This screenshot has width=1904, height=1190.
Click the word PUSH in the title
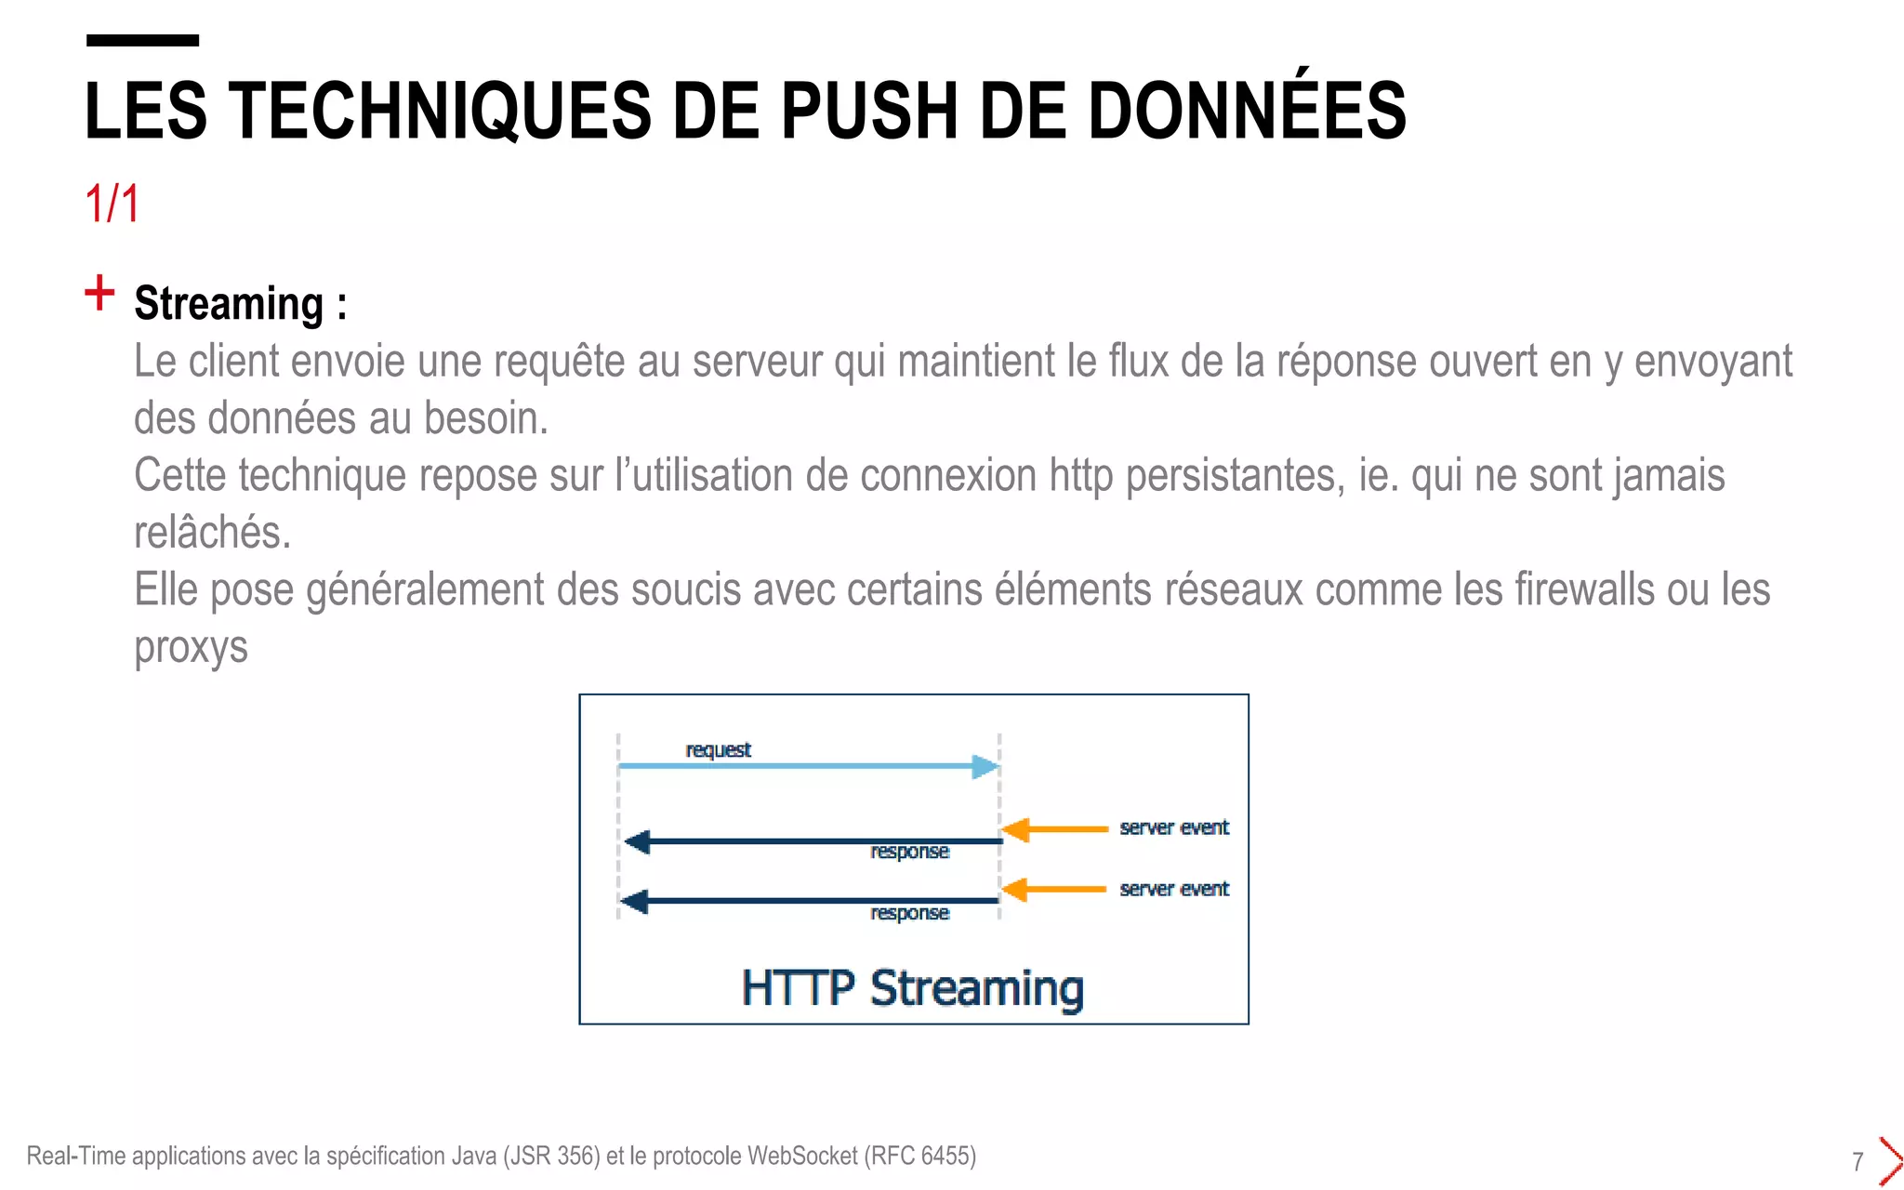[867, 112]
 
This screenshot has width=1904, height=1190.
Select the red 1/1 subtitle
[112, 204]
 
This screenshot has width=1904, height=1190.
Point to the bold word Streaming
[229, 304]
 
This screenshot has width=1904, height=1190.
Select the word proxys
[191, 647]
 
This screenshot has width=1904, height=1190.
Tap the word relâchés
[212, 533]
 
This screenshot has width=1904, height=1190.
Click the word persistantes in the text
[1235, 475]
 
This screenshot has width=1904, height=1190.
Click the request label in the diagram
[718, 749]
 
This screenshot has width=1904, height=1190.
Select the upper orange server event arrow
[1055, 828]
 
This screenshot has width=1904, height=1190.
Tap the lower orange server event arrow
[1055, 890]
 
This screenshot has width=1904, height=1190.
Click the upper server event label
[1173, 827]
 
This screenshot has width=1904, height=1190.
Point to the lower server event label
[1173, 889]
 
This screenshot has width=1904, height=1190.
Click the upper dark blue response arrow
[813, 841]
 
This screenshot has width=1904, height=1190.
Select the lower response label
[909, 913]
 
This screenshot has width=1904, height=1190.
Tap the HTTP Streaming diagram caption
[912, 987]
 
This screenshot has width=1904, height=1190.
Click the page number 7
[1858, 1161]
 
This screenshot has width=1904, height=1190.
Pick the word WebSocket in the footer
[801, 1156]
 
